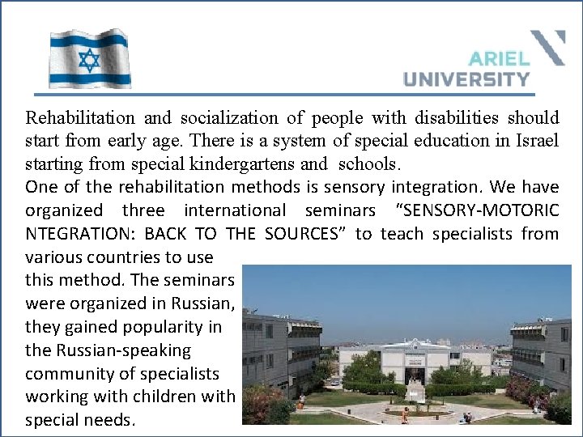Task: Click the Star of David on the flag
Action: [x=89, y=59]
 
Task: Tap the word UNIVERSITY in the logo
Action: [x=466, y=78]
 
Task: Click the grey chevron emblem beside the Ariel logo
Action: [x=548, y=47]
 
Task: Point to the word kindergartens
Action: [x=245, y=164]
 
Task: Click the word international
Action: [x=235, y=210]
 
